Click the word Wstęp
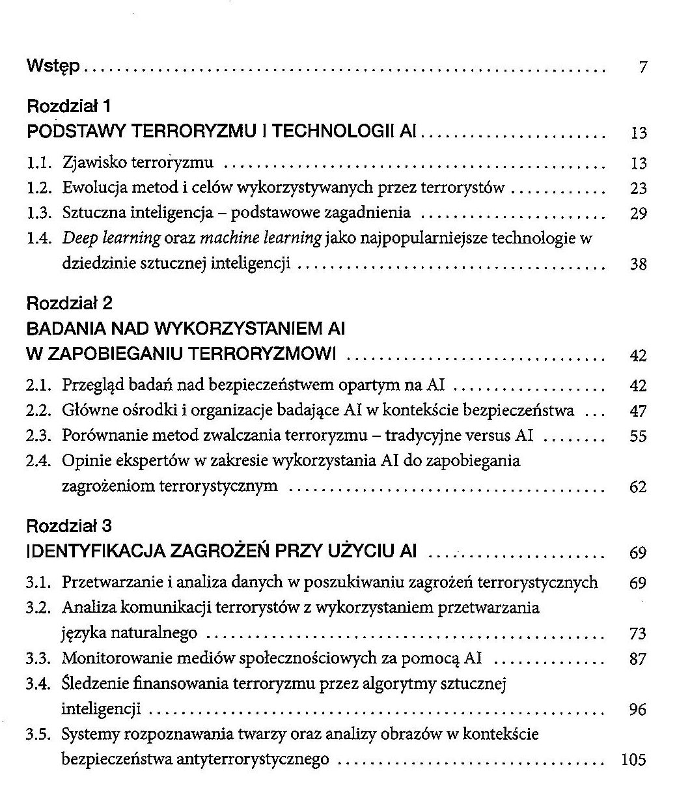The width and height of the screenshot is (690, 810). (53, 66)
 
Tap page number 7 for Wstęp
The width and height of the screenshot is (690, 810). (642, 67)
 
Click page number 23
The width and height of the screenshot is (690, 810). (639, 189)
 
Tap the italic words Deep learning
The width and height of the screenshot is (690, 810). (111, 238)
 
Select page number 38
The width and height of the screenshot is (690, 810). (639, 264)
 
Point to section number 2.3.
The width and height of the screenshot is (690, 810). (38, 436)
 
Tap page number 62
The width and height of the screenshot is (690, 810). (639, 487)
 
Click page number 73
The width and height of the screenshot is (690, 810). (639, 634)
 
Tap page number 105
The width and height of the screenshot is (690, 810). (634, 760)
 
